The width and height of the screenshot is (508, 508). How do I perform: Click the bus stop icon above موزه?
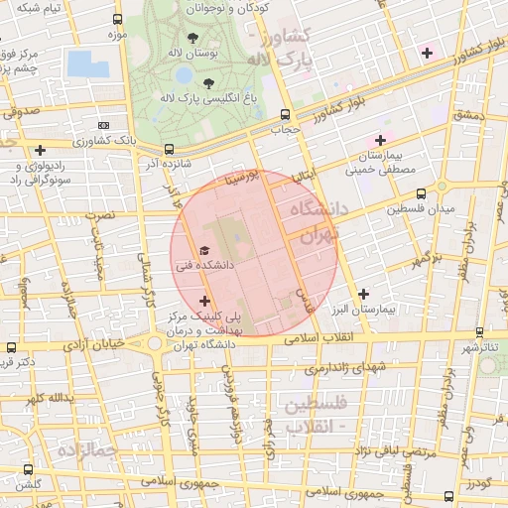(x=119, y=19)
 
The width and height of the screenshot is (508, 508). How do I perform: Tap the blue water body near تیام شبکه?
(x=89, y=63)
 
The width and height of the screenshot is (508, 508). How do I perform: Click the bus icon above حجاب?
(x=286, y=114)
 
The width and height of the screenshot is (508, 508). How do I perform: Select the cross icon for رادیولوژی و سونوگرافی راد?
(x=40, y=151)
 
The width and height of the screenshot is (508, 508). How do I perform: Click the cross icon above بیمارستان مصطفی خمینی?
(x=380, y=140)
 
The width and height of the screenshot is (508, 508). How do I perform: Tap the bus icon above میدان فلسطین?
(x=422, y=193)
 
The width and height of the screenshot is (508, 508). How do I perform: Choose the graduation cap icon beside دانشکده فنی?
(x=204, y=251)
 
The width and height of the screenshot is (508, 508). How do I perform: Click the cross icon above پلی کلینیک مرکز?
(x=204, y=301)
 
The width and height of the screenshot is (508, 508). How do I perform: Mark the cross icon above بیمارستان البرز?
(x=364, y=294)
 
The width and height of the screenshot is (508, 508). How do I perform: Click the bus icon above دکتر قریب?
(x=11, y=348)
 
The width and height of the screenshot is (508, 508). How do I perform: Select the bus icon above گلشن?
(x=27, y=469)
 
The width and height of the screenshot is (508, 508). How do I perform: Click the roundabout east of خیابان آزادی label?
(x=156, y=343)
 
